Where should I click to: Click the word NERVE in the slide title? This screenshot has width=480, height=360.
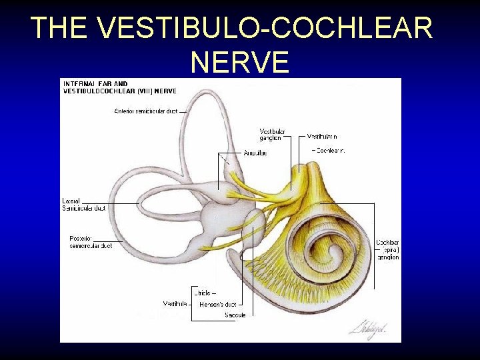(239, 62)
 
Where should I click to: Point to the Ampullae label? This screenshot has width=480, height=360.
(255, 153)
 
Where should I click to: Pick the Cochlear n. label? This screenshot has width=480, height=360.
(330, 151)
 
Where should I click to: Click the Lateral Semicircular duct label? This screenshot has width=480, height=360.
(84, 205)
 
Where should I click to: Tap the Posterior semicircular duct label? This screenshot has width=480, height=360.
(90, 242)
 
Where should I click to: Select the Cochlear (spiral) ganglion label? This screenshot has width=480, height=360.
(387, 249)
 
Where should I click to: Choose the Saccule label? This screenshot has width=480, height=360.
(235, 315)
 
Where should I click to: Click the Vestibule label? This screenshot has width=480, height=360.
(175, 304)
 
